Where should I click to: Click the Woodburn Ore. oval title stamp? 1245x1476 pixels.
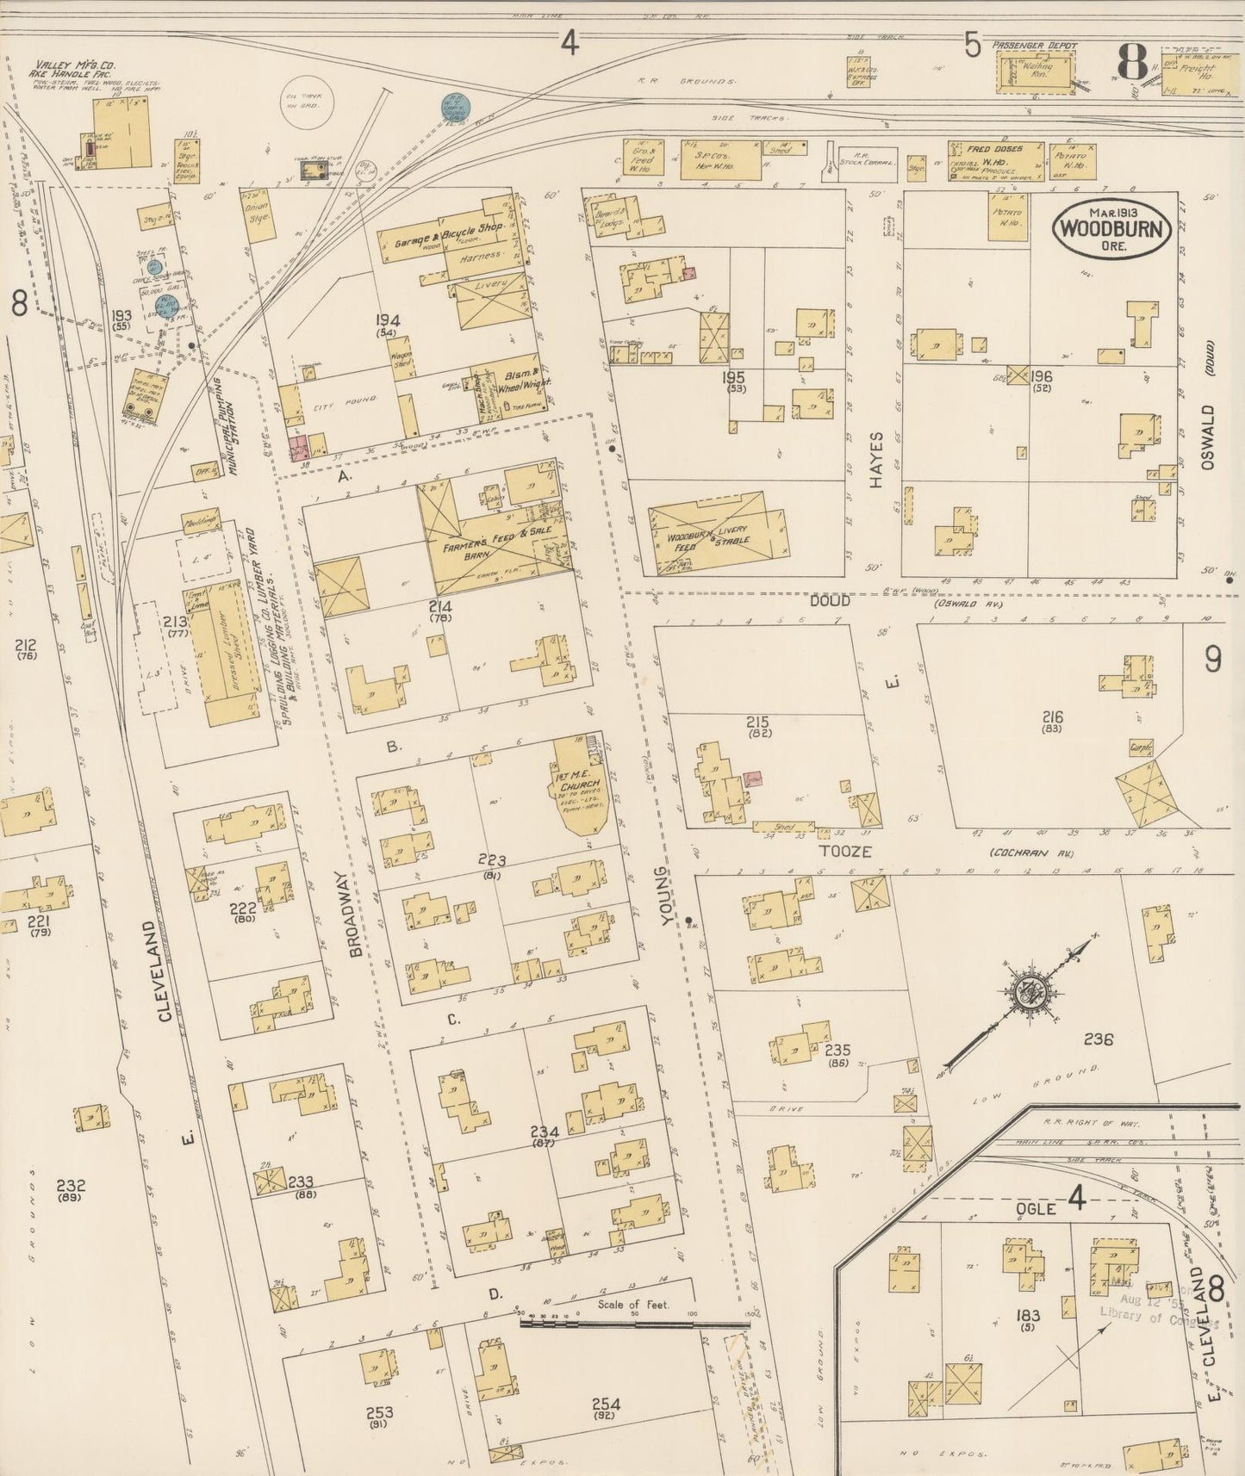click(1111, 228)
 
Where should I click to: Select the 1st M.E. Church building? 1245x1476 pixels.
click(582, 791)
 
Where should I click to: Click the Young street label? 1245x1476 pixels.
click(664, 897)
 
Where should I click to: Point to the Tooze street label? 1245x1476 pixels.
click(852, 852)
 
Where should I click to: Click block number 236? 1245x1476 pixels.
click(1099, 1039)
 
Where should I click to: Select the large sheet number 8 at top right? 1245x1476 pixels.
click(1131, 61)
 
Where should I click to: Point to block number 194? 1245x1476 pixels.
click(387, 320)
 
